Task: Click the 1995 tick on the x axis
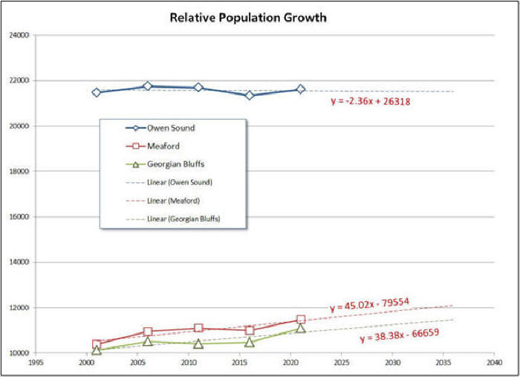[35, 364]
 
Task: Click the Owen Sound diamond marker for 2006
[148, 86]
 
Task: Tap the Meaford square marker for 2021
[301, 320]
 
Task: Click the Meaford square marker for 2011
[198, 328]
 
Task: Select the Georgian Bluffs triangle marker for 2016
[250, 342]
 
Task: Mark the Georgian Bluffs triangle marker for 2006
[148, 341]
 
